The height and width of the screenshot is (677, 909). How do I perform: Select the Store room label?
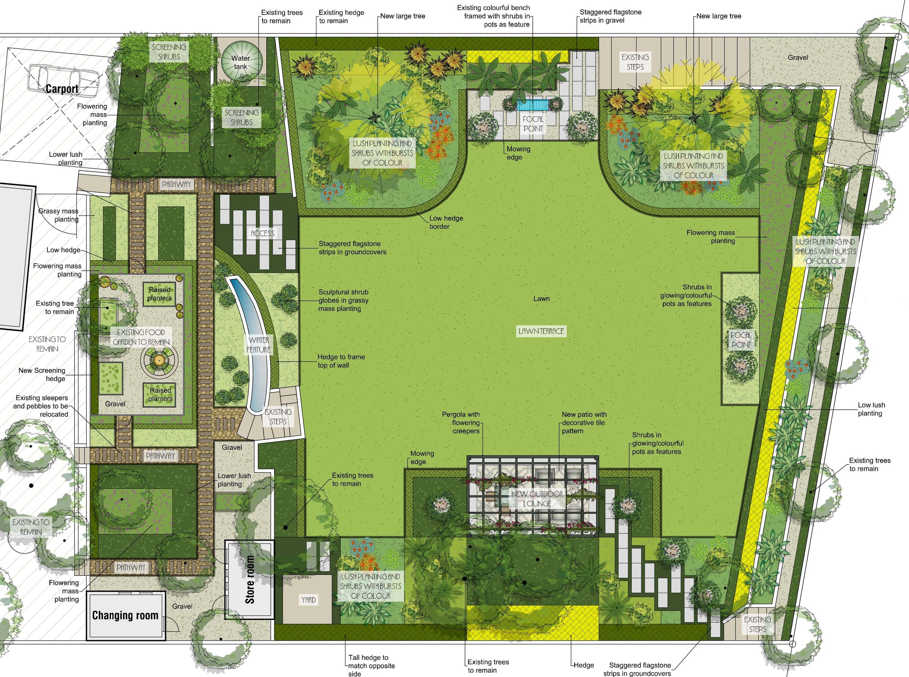pos(250,580)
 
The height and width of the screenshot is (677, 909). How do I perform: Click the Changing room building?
pos(125,615)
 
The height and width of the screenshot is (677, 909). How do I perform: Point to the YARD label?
pos(308,600)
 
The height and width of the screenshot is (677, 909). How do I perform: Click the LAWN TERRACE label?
pos(541,331)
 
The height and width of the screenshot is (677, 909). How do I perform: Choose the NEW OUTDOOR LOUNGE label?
pos(537,499)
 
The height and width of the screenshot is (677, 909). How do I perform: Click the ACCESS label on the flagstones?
pos(263,234)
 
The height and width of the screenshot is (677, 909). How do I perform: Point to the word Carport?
pos(62,89)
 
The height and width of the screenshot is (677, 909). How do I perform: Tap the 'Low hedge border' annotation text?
pos(446,222)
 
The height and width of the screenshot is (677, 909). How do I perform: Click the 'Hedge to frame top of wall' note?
pos(341,361)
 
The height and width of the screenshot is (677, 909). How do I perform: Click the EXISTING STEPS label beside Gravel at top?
pos(635,62)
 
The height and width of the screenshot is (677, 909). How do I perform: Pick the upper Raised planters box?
pos(160,294)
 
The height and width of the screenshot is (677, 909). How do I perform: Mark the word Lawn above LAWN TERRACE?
pos(541,299)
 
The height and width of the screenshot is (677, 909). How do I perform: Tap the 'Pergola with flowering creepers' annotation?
pos(461,422)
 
